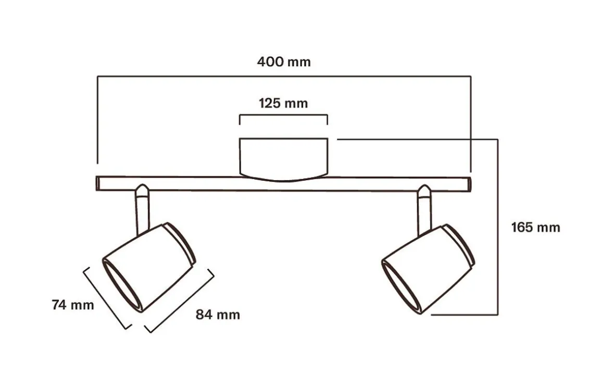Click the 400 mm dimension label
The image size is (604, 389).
click(284, 61)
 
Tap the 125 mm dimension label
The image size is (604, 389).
click(283, 103)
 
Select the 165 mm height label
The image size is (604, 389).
click(535, 227)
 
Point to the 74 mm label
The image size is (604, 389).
click(73, 305)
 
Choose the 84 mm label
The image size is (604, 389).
click(218, 315)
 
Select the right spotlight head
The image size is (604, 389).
click(429, 269)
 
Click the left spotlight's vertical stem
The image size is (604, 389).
click(143, 214)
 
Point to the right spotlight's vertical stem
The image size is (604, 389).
click(424, 215)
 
